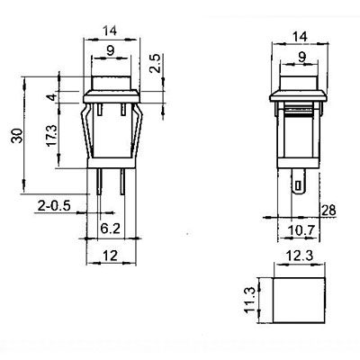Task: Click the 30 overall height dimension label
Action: point(17,136)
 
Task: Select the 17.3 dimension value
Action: point(51,136)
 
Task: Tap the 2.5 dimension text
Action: point(156,64)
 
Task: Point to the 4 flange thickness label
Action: point(52,97)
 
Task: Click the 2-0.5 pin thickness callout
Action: point(54,206)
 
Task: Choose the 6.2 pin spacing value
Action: point(110,229)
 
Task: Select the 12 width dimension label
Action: point(110,256)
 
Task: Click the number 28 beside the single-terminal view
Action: point(328,211)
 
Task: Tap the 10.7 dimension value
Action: point(301,230)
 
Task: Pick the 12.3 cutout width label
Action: point(299,256)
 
